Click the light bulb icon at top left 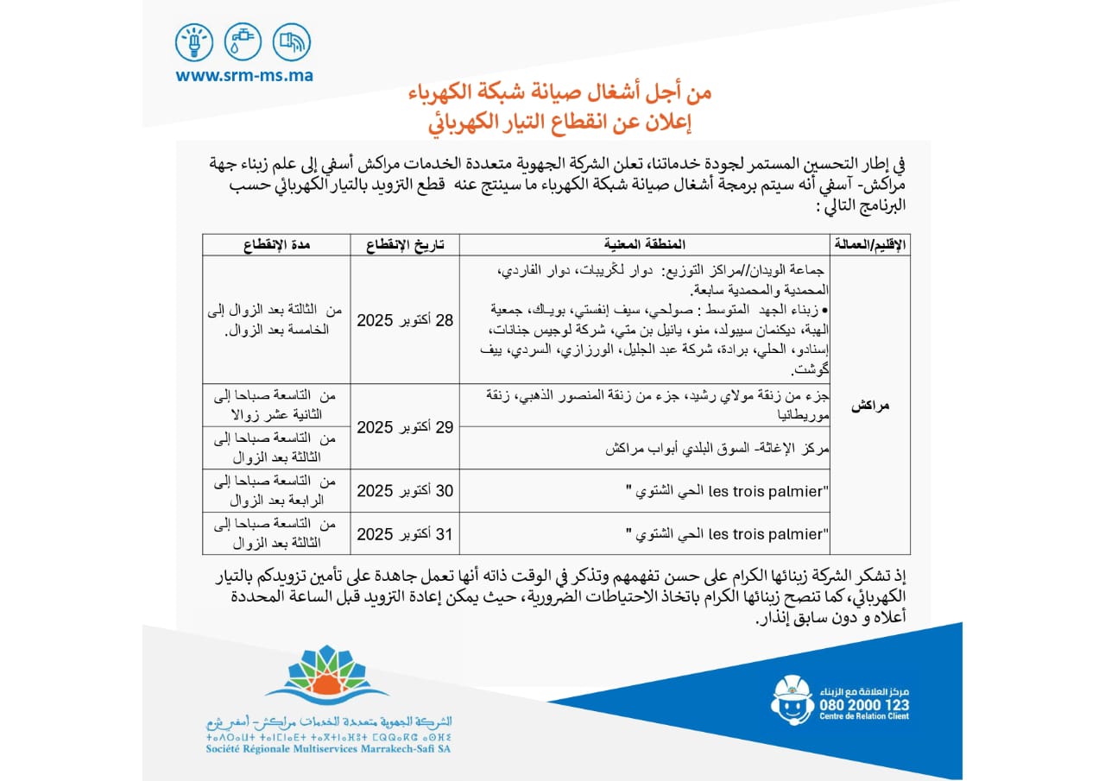tap(193, 41)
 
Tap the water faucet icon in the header tap(243, 41)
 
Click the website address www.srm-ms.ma tap(244, 76)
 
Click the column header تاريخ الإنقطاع tap(405, 245)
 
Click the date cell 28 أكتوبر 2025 tap(405, 320)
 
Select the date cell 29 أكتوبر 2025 tap(405, 427)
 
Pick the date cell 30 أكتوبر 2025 tap(405, 491)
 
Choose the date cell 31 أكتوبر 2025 tap(405, 534)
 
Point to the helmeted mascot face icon tap(792, 700)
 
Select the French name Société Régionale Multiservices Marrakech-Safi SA tap(328, 748)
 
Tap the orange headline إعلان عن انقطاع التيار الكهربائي tap(560, 120)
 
